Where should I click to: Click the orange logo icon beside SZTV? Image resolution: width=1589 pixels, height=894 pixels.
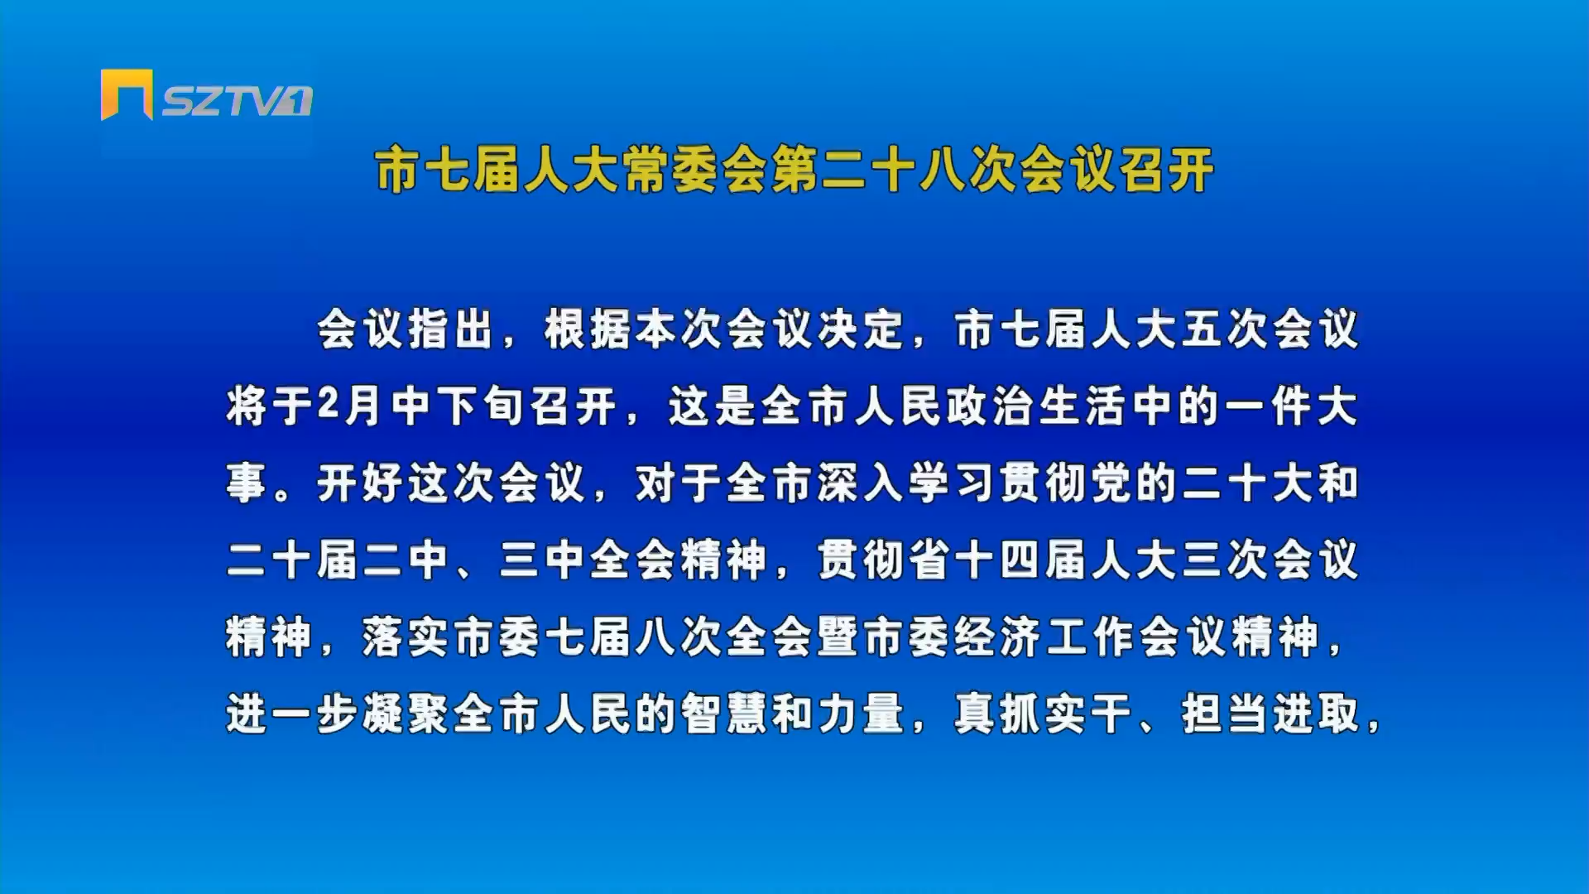coord(127,94)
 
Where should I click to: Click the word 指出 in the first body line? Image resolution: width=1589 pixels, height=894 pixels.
coord(452,330)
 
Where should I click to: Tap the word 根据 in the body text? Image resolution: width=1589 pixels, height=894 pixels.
coord(588,330)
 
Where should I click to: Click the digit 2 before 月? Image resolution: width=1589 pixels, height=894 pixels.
coord(329,406)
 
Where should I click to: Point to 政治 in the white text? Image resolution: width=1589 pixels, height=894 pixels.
coord(991,406)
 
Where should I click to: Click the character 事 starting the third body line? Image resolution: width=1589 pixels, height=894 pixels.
coord(247,483)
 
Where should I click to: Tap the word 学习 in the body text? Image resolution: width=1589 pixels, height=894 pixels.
coord(953,483)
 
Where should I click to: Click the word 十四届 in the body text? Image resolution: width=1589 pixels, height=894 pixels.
coord(1021,560)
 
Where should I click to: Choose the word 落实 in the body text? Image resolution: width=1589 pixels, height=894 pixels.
coord(406,637)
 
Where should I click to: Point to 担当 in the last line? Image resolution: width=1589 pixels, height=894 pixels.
coord(1226,714)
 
